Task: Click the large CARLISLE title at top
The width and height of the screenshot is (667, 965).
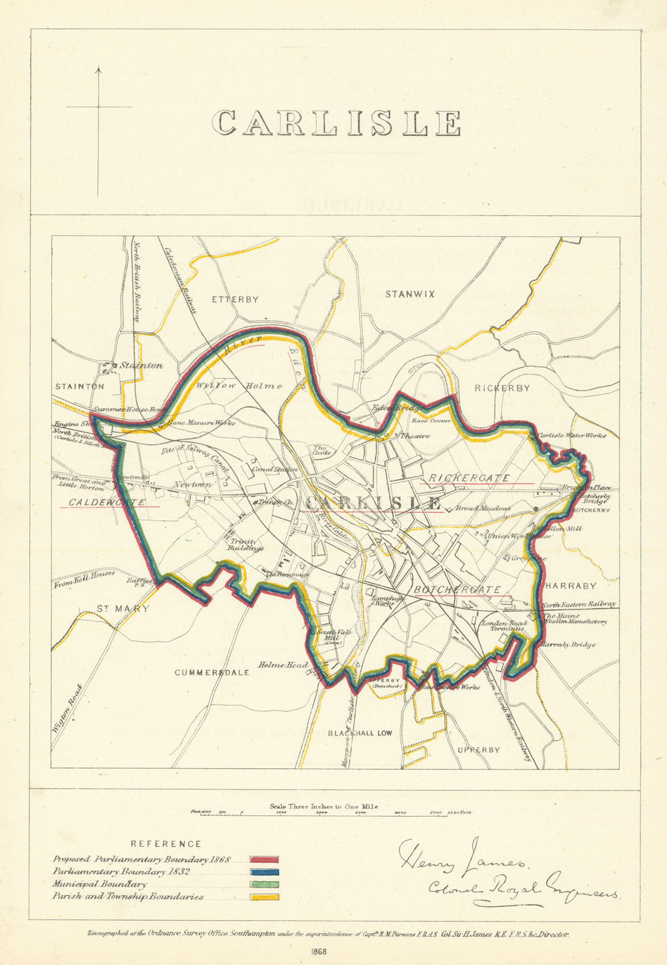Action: [x=337, y=123]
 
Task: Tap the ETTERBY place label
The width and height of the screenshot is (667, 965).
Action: [x=235, y=299]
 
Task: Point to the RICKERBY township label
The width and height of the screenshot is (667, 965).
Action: [x=502, y=388]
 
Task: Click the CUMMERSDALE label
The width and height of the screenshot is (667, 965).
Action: [x=212, y=672]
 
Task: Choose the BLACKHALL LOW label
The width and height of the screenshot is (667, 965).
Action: [x=360, y=733]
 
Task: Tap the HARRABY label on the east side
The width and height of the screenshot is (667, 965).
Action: [x=571, y=586]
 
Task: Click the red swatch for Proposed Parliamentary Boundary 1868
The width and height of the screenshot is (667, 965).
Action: [x=264, y=860]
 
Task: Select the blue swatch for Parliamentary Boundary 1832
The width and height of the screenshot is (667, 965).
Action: [x=264, y=872]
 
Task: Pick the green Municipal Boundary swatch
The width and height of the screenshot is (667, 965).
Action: [x=264, y=884]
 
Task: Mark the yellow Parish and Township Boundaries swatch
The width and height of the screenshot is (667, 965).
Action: [x=264, y=897]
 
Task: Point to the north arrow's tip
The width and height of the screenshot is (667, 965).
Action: [x=99, y=67]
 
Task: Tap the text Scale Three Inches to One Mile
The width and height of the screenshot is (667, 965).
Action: [x=324, y=806]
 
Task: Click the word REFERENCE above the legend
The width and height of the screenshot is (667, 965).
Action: [x=165, y=844]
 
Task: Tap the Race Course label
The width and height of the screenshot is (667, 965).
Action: [x=431, y=421]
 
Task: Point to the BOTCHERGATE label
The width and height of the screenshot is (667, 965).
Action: [x=457, y=590]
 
